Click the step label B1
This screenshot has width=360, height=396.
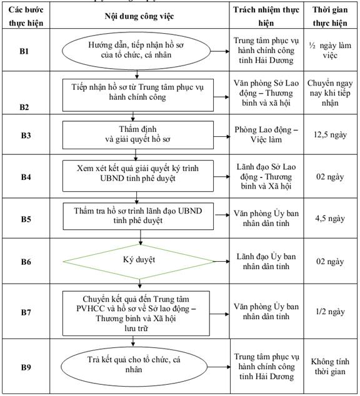tap(24, 51)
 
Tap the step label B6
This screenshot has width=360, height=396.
tap(26, 262)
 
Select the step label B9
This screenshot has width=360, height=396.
tap(26, 367)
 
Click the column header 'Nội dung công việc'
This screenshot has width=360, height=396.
tap(139, 16)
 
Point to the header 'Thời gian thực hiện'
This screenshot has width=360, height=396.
tap(330, 16)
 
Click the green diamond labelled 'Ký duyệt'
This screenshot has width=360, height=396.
tap(139, 262)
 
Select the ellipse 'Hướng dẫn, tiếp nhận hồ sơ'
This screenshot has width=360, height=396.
tap(136, 51)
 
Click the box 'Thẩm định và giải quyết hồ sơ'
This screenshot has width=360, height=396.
tap(138, 135)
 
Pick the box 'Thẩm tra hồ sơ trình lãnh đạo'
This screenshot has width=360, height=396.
tap(138, 216)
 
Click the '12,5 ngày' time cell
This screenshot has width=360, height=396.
tap(330, 135)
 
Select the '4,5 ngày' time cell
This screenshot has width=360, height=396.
tap(330, 218)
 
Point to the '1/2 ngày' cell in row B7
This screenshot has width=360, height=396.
tap(330, 312)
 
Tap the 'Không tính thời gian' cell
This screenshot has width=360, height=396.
tap(330, 367)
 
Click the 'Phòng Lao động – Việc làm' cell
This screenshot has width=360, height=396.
tap(266, 134)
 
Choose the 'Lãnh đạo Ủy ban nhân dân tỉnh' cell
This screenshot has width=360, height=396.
tap(266, 261)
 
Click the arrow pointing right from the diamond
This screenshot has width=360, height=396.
tap(222, 261)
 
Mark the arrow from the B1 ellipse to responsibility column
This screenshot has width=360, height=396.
tap(220, 51)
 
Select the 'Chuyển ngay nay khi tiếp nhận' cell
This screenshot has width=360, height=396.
tap(330, 93)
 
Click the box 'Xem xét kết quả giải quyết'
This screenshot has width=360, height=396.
tap(138, 176)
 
